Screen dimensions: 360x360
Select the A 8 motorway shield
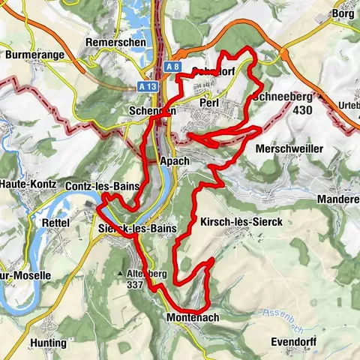point(173,67)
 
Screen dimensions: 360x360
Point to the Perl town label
point(209,102)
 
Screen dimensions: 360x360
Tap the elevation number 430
point(303,110)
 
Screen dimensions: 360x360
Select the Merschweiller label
point(289,149)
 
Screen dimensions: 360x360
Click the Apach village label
point(175,160)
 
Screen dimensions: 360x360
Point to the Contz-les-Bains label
point(100,185)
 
